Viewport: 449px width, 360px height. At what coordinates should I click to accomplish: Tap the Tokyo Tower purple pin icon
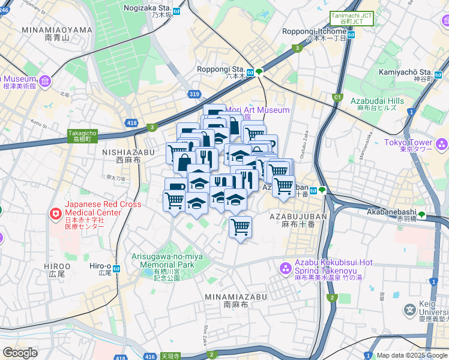[442, 144]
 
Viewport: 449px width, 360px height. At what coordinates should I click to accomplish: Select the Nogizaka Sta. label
[148, 8]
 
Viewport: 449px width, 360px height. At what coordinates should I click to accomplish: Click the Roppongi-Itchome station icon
[352, 34]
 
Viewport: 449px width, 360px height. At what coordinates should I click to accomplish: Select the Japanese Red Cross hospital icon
[56, 213]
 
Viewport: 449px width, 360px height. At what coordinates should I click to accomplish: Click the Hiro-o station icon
[117, 268]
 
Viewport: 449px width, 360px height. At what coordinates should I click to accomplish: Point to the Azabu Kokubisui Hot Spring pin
[286, 267]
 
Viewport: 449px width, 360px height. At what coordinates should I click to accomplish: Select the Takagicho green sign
[82, 136]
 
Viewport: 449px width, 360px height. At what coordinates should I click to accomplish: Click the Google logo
[19, 353]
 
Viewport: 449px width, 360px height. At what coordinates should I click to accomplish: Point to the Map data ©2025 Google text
[412, 355]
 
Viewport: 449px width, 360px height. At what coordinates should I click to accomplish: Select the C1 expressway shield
[337, 97]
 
